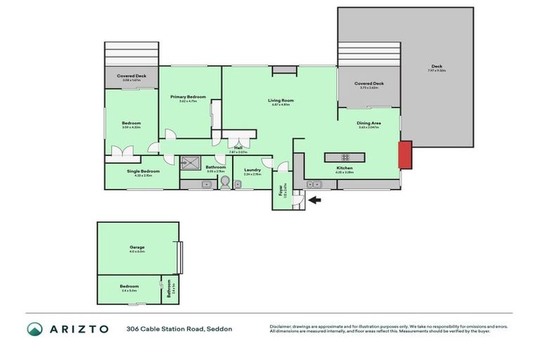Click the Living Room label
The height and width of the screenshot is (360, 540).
[281, 101]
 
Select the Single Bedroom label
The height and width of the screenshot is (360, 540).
[143, 171]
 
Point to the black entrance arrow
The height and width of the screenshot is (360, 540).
[315, 201]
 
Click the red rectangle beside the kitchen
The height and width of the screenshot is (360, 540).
[405, 155]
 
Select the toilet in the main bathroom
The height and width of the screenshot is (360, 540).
[225, 183]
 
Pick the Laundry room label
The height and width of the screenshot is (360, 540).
[252, 170]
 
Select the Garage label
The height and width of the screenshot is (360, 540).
[137, 247]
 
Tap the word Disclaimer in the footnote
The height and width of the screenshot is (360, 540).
[282, 326]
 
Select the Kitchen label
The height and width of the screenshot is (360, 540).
[344, 169]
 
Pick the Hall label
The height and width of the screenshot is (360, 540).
[239, 148]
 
